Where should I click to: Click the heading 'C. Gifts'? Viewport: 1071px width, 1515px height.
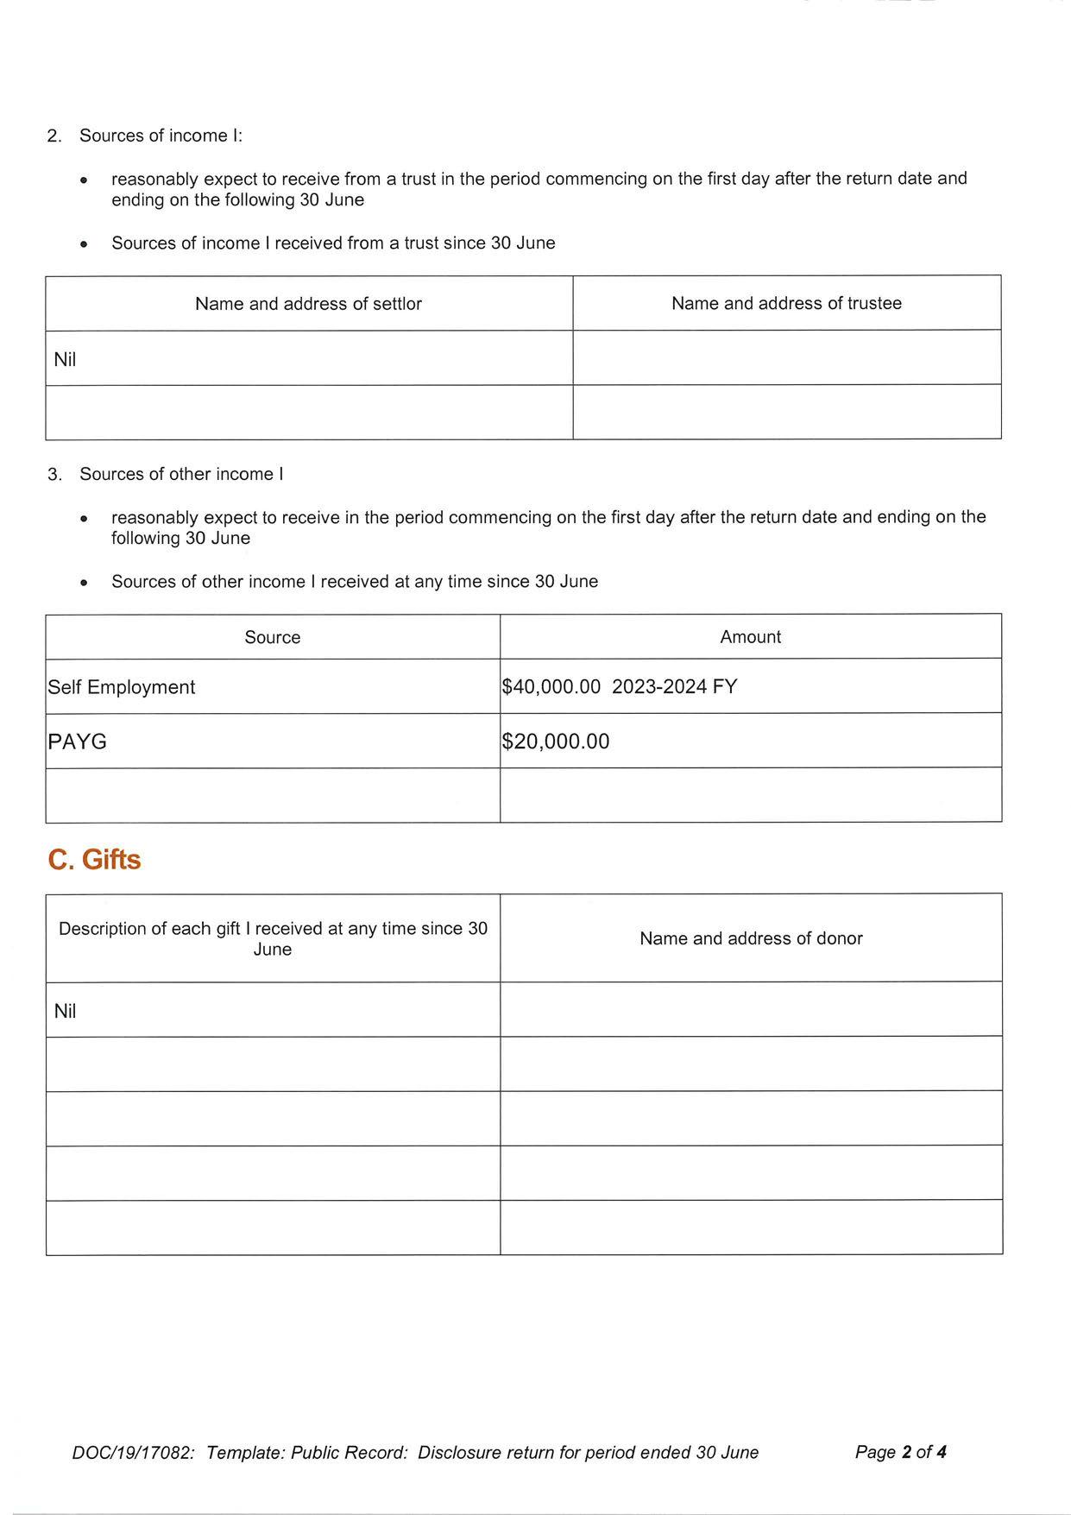94,860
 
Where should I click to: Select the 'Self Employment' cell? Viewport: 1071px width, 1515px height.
122,687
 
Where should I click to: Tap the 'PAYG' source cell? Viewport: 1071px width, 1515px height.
78,742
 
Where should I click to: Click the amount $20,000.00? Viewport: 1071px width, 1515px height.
556,742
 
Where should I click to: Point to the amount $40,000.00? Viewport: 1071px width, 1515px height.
551,687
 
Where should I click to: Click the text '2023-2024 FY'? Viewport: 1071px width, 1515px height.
675,687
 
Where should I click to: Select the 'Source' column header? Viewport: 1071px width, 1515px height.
273,637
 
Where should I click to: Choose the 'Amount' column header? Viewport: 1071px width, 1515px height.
750,637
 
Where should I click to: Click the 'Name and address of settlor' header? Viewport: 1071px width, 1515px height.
308,304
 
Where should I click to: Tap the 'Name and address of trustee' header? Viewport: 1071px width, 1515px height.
786,303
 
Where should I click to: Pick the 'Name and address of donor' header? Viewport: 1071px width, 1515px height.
751,938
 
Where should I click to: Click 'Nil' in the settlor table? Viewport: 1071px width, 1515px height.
65,359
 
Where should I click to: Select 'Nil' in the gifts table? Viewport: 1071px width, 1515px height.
65,1011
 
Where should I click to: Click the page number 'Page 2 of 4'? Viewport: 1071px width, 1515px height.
900,1452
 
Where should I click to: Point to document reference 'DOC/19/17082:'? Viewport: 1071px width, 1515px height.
134,1453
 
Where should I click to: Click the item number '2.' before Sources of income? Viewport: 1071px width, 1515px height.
54,136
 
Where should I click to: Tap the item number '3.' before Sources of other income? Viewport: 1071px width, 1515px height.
54,475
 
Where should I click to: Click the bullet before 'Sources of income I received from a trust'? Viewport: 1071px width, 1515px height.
84,245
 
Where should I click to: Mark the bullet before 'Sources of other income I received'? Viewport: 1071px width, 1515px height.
84,584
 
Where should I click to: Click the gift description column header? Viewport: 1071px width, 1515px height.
273,938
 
